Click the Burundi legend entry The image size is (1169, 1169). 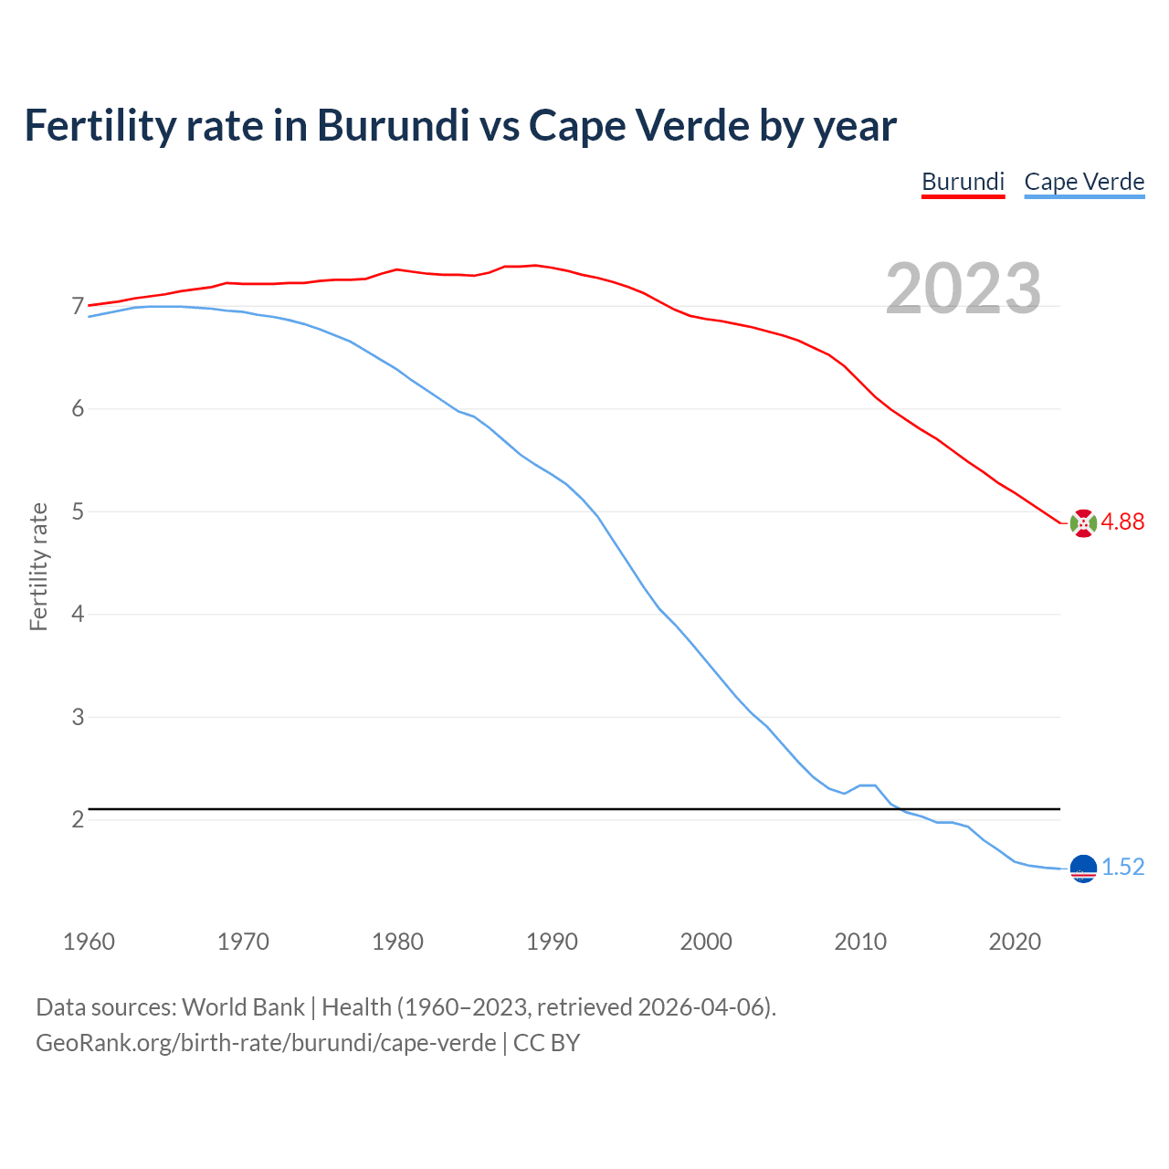963,182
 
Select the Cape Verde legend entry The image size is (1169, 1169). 1084,182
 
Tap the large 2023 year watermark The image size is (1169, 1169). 964,289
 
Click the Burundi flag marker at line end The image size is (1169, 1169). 1083,523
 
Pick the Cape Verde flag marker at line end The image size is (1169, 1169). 1083,869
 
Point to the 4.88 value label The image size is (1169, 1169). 1122,521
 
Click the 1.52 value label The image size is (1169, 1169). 1122,867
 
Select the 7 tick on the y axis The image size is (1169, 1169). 78,306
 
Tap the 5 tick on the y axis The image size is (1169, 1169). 78,511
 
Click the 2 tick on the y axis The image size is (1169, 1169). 78,819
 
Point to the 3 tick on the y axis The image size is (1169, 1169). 78,717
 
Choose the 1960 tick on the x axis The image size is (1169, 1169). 89,942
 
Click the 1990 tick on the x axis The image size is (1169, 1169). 552,942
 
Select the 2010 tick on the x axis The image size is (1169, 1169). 860,942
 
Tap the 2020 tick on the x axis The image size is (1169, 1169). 1015,942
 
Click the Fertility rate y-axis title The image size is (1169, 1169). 38,566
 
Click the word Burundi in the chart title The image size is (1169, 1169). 393,125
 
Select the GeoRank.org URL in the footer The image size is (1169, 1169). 266,1043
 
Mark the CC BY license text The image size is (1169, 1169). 546,1043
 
